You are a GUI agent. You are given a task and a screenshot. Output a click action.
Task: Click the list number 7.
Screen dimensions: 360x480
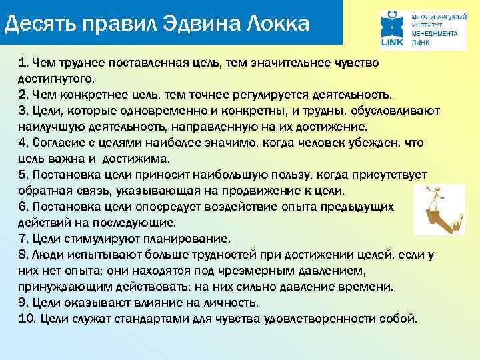pos(23,239)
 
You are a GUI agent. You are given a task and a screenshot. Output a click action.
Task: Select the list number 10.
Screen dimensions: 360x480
pos(27,319)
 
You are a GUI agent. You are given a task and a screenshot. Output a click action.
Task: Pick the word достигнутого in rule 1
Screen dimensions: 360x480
pos(57,79)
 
